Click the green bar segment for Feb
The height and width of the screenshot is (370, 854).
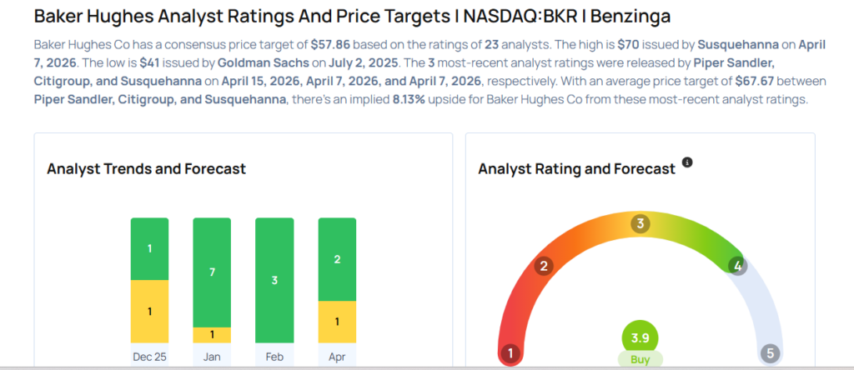point(274,280)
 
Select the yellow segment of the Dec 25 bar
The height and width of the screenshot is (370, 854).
point(149,311)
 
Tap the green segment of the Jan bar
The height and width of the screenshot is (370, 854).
point(212,272)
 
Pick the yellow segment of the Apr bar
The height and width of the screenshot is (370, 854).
point(337,322)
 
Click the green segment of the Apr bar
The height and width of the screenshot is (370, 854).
point(337,259)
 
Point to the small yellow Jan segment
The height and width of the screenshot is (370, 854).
point(212,335)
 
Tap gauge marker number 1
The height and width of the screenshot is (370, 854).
point(510,353)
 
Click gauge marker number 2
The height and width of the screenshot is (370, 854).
point(544,267)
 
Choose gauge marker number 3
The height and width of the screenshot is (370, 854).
point(640,223)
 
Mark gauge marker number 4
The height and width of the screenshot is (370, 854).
point(736,266)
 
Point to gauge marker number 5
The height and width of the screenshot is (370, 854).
point(770,353)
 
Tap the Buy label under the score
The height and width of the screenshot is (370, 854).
point(640,359)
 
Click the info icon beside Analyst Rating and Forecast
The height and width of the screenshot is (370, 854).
point(687,162)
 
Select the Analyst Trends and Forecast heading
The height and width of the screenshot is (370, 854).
point(146,169)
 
